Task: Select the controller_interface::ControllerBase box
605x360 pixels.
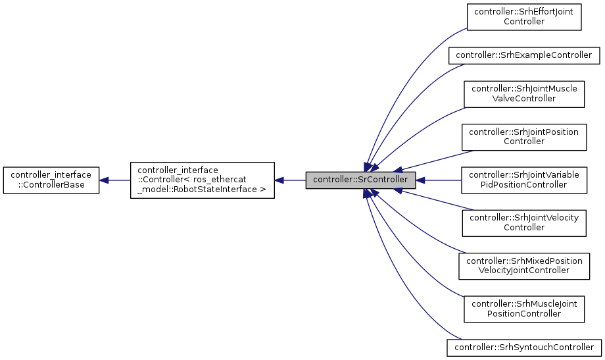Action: [51, 180]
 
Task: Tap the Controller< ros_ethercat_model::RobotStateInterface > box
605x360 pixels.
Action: [202, 180]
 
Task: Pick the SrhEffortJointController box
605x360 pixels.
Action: [524, 16]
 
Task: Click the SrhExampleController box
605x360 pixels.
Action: [524, 55]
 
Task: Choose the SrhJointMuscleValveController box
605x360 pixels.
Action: [524, 93]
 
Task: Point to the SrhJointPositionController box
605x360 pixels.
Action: [524, 136]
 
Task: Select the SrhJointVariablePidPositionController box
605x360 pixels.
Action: [524, 180]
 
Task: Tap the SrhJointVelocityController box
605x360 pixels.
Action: [524, 223]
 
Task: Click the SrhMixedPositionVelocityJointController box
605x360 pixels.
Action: [524, 265]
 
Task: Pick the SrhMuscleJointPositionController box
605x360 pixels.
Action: [524, 308]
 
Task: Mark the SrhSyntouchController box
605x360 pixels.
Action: [524, 347]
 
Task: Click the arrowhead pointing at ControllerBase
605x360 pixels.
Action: [104, 180]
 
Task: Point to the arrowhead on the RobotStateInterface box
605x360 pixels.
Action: [279, 180]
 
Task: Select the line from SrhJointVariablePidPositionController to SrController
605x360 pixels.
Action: [441, 180]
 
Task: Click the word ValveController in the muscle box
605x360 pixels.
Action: [524, 99]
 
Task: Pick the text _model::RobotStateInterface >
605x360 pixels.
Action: [201, 190]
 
